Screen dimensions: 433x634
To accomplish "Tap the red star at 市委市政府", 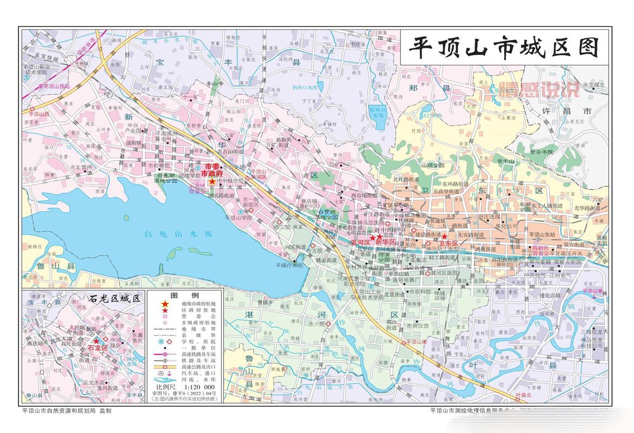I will pos(212,182).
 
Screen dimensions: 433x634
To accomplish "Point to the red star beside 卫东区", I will pos(444,237).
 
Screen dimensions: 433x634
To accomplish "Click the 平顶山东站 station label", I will pos(544,234).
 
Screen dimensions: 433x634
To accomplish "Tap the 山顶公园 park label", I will pos(432,165).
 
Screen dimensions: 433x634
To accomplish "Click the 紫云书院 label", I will pos(540,152).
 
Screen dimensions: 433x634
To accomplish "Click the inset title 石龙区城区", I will pos(115,298).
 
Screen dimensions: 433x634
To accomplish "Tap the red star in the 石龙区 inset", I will pos(96,341).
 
